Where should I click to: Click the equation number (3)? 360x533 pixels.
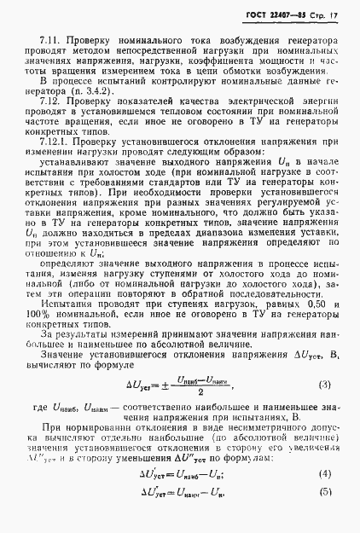tap(325, 362)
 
